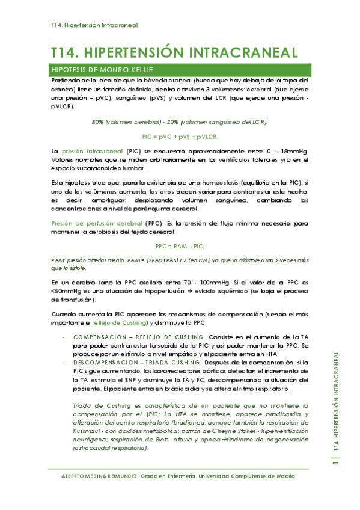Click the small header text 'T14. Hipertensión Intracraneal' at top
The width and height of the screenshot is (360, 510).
(94, 25)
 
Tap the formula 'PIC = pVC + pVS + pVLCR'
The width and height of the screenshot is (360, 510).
(180, 137)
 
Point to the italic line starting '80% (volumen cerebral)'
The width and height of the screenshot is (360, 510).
(180, 122)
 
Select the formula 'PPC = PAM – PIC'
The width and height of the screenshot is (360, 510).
(180, 246)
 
